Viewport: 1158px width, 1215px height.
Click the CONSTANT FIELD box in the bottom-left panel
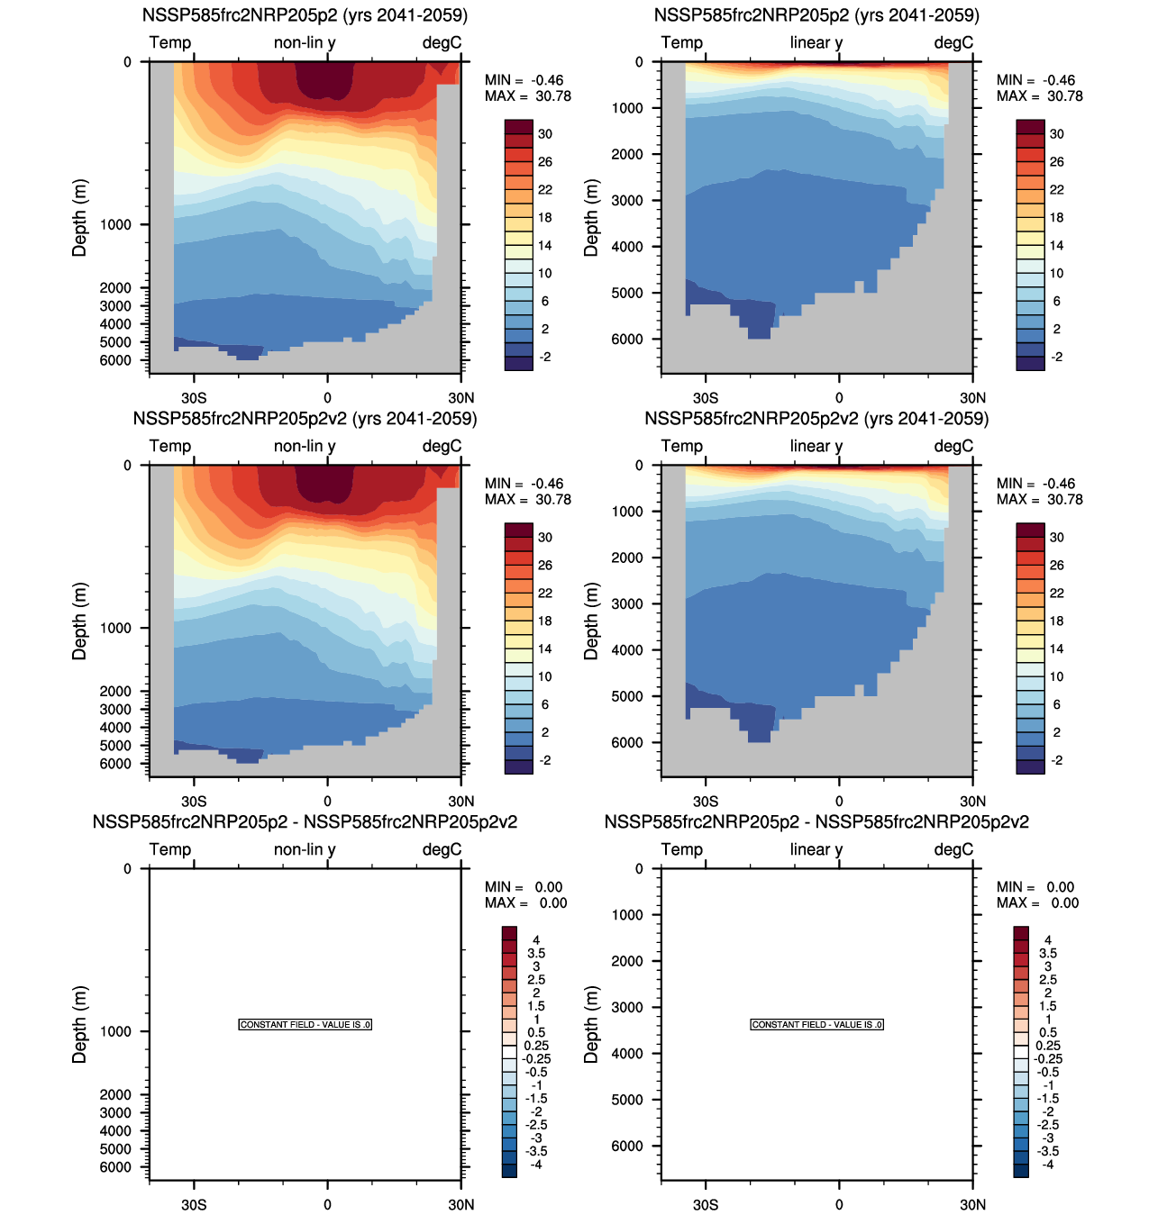305,1025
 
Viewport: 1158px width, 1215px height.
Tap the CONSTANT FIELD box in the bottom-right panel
817,1025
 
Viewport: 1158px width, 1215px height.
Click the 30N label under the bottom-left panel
460,1205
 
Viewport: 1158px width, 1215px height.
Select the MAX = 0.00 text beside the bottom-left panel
526,903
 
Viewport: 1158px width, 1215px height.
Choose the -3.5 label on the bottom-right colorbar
1048,1151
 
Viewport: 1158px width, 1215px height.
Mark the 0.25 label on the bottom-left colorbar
536,1046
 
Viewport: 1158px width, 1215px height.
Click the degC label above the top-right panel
953,42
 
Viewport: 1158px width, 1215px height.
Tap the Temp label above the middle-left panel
170,446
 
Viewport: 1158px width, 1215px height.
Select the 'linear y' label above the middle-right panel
816,446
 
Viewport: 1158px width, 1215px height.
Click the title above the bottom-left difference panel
305,821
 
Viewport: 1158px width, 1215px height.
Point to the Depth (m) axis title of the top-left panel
80,217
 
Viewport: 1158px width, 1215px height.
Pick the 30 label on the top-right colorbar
1056,134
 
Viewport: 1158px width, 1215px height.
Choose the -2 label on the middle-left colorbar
544,760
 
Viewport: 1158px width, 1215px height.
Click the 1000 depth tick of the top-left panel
115,224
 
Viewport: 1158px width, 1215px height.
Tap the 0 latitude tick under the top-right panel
839,398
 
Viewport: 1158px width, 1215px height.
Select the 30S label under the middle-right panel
706,802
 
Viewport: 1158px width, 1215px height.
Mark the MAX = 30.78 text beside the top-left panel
528,96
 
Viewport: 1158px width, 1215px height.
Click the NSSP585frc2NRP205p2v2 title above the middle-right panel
816,419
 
